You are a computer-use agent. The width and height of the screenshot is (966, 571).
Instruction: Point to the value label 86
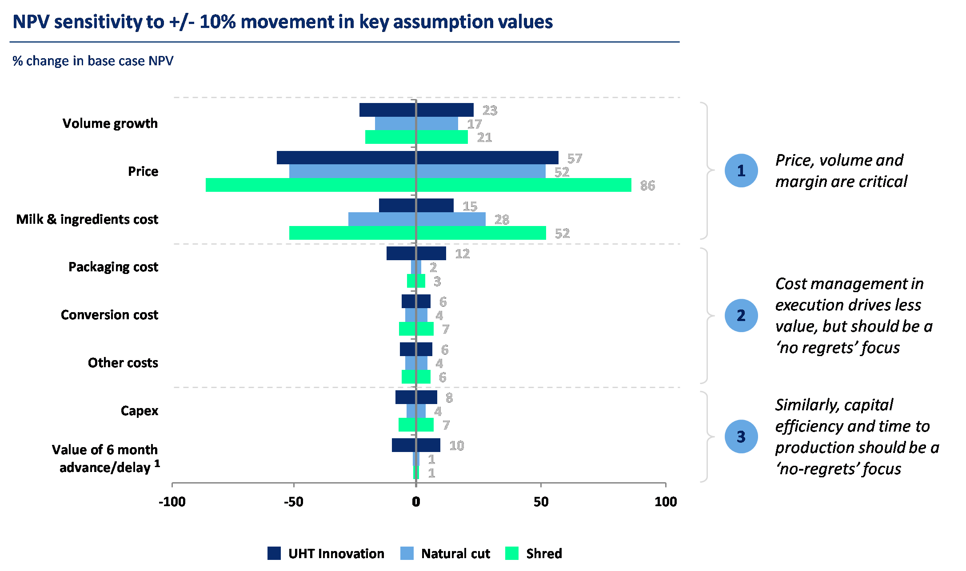coord(647,186)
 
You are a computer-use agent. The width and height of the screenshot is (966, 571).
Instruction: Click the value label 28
coord(502,220)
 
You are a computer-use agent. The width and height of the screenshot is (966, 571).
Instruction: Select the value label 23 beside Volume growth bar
coord(490,111)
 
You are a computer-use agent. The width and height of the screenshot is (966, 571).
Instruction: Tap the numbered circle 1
coord(741,171)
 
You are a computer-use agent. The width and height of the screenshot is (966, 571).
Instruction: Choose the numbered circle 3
coord(741,436)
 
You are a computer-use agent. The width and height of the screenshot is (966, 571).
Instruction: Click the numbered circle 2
coord(741,315)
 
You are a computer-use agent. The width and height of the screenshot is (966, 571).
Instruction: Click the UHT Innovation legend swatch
coord(274,553)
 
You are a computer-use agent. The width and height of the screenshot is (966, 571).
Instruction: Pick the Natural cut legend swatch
coord(407,553)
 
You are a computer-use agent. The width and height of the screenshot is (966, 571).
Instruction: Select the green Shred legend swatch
coord(512,553)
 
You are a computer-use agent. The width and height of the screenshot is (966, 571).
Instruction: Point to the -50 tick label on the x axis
coord(294,502)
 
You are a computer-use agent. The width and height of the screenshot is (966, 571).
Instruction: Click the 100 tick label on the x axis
coord(666,502)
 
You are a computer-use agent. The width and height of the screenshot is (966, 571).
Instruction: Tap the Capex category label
coord(140,411)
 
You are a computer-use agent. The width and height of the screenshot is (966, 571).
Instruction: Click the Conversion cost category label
coord(110,315)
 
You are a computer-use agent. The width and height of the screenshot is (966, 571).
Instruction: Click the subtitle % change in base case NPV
coord(93,61)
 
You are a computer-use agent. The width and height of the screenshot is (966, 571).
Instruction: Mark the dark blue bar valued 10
coord(416,445)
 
